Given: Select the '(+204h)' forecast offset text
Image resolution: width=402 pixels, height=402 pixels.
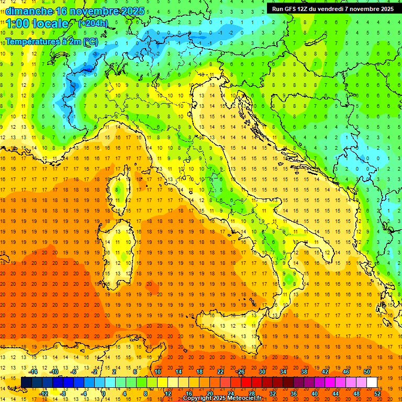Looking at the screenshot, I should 93,23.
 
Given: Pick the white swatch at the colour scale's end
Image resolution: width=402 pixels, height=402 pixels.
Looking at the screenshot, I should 372,382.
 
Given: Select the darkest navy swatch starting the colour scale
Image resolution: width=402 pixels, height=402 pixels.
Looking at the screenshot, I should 26,382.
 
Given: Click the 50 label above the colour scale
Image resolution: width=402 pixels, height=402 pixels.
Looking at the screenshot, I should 367,372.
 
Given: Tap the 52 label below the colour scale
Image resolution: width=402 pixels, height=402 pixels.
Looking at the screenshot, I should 377,394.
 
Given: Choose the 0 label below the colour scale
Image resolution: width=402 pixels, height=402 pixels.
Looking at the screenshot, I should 104,394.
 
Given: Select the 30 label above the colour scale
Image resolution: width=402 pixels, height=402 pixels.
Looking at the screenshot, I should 262,372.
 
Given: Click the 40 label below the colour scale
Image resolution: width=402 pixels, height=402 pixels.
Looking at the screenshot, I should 314,394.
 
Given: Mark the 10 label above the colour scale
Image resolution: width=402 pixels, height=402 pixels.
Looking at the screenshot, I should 157,372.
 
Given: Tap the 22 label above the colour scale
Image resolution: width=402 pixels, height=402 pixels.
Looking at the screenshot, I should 220,372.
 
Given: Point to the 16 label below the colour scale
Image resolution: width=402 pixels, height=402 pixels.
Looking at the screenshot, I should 188,394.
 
